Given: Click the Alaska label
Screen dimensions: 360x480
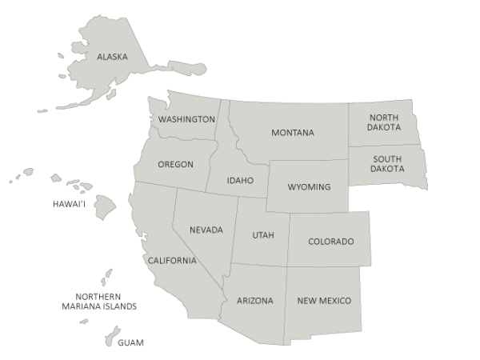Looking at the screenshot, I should (x=112, y=57).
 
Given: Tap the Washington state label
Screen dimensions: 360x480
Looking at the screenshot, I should (x=186, y=119).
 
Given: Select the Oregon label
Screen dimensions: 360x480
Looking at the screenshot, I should (x=175, y=164).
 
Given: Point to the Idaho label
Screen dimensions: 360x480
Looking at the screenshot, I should (x=240, y=180).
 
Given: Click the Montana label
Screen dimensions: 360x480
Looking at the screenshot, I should (x=292, y=132).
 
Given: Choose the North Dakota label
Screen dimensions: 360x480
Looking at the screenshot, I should (x=384, y=122).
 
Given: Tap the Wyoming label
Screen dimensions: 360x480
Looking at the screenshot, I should (x=309, y=186).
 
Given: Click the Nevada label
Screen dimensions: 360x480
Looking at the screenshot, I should (x=206, y=230).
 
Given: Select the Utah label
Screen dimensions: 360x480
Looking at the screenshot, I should (x=263, y=234).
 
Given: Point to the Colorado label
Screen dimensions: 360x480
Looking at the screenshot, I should (x=330, y=241).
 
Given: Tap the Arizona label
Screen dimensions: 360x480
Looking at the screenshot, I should (x=255, y=301).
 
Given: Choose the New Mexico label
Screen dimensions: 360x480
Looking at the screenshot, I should (x=324, y=301).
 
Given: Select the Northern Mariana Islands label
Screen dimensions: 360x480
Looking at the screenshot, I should (x=101, y=301).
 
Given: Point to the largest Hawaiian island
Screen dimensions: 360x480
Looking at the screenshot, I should (x=105, y=203).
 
